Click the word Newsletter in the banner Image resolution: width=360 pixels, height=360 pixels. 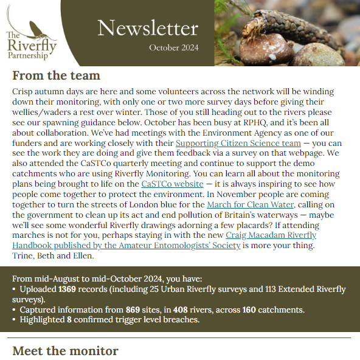(x=147, y=28)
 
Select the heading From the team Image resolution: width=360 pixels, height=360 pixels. (x=56, y=76)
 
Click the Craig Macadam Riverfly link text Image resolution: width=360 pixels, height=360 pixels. (x=271, y=235)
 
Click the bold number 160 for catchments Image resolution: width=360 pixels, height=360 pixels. (x=249, y=310)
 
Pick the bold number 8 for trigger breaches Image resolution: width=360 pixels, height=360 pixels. (x=69, y=320)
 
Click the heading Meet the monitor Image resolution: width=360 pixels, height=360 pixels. (x=65, y=351)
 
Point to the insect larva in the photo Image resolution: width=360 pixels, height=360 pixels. (x=286, y=27)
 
